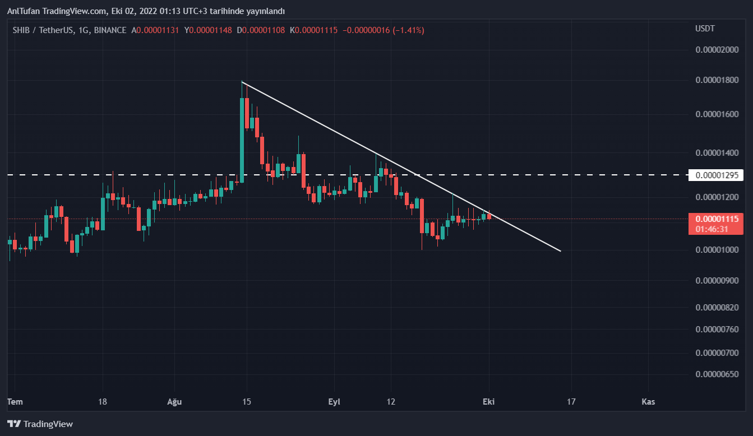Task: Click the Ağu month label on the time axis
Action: (174, 402)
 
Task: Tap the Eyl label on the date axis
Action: (334, 402)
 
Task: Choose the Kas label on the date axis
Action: (648, 402)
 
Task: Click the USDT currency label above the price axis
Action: (705, 29)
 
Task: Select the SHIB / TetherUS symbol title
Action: (43, 30)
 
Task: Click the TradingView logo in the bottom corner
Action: (40, 424)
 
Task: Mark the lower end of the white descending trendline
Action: (560, 251)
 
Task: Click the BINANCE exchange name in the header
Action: (110, 30)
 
